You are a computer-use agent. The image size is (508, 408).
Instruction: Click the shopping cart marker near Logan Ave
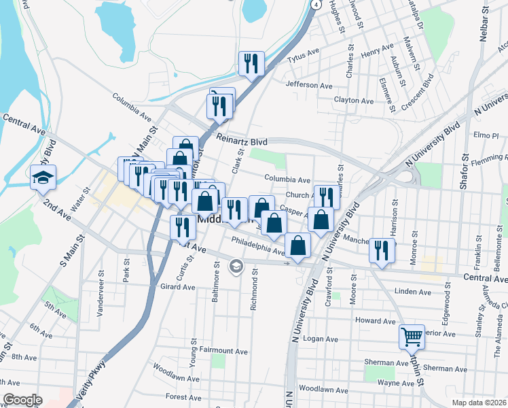[x=412, y=336]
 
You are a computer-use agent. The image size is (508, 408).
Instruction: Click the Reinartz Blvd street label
[x=242, y=141]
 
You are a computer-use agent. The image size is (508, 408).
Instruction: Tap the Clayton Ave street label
[x=354, y=101]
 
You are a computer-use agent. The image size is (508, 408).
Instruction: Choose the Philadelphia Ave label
[x=257, y=245]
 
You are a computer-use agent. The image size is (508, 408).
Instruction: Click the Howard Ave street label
[x=374, y=321]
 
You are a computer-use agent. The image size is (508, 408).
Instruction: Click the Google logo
[x=22, y=400]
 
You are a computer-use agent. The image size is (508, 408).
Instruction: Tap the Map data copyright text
[x=479, y=403]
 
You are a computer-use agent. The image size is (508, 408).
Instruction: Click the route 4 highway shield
[x=316, y=4]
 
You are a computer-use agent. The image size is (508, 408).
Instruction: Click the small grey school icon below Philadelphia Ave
[x=236, y=265]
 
